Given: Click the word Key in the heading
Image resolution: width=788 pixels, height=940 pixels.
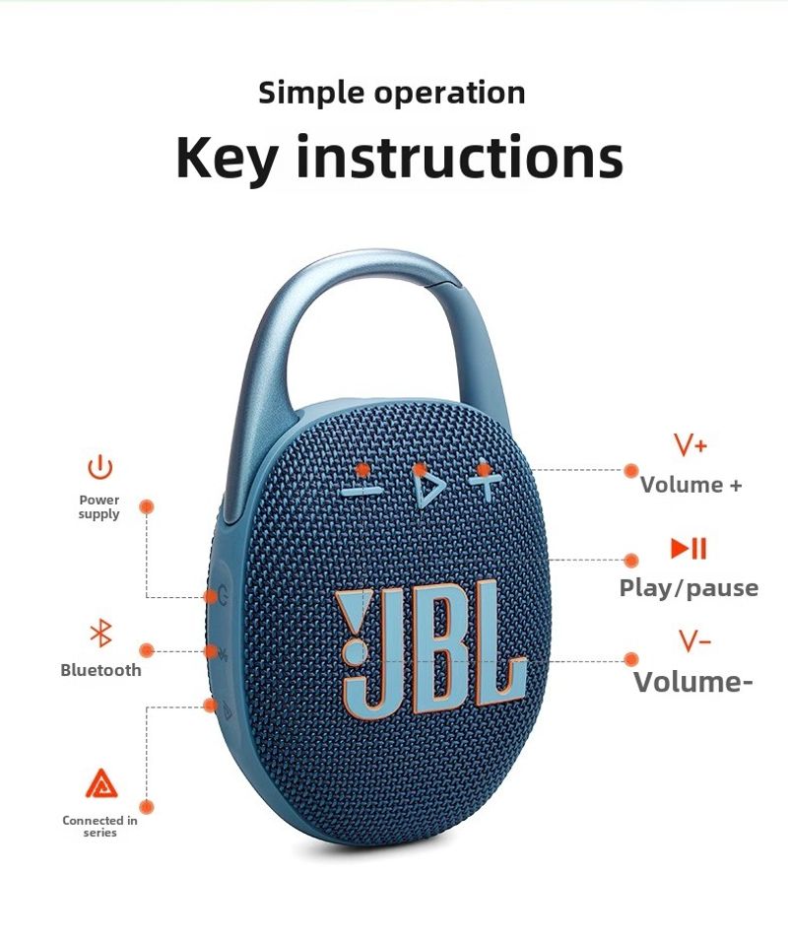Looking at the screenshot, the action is click(x=228, y=157).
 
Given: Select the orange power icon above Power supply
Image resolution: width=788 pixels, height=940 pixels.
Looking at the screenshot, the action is click(x=100, y=467).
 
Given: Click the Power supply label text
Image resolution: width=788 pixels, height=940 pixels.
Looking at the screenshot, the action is click(x=99, y=507).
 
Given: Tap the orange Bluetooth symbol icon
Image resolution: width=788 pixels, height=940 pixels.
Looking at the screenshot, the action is click(x=100, y=633).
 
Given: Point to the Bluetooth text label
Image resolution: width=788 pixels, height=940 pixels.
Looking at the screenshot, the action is click(x=100, y=670).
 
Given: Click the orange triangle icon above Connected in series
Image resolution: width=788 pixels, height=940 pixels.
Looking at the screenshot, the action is click(x=101, y=783).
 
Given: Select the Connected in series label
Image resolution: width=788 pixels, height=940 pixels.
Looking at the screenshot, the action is click(x=99, y=826).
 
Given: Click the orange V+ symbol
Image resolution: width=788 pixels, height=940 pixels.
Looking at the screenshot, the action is click(x=690, y=444).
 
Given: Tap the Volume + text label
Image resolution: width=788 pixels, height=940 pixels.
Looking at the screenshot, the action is click(x=690, y=485).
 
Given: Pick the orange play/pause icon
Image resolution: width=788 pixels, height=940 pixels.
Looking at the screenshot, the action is click(x=689, y=548).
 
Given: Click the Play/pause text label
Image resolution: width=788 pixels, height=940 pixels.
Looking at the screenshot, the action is click(x=689, y=588).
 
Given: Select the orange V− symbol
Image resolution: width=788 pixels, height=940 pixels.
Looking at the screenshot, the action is click(x=695, y=641).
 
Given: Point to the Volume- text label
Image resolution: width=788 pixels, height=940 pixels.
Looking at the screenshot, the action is click(x=692, y=682).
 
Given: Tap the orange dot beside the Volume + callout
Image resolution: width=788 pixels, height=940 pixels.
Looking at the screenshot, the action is click(x=630, y=471).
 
